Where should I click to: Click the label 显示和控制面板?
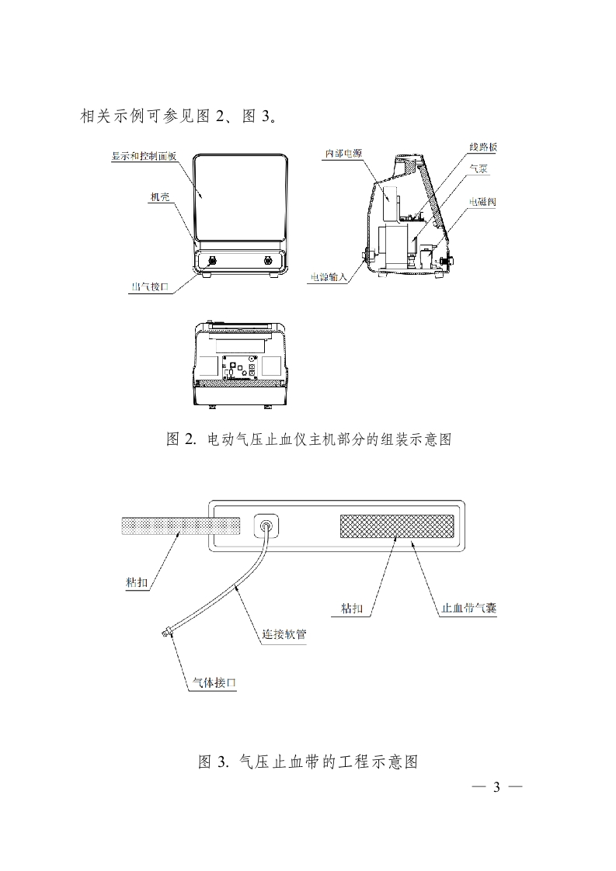click(x=144, y=156)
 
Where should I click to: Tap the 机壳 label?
click(x=160, y=197)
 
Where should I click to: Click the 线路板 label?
click(x=483, y=147)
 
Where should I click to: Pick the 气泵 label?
click(x=479, y=168)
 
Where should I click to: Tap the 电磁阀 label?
click(x=482, y=202)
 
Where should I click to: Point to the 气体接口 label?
click(x=214, y=683)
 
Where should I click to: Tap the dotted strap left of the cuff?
click(x=180, y=526)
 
